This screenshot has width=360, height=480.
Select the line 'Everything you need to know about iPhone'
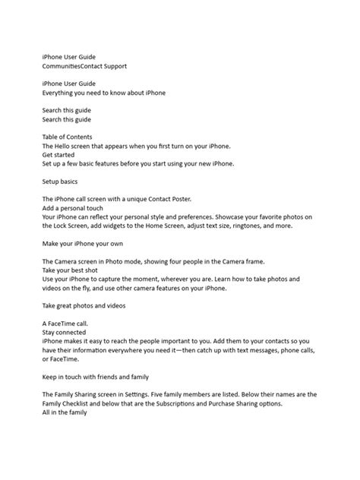(103, 93)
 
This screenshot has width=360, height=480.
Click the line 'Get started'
(59, 154)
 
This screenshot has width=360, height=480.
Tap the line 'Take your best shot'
(72, 270)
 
